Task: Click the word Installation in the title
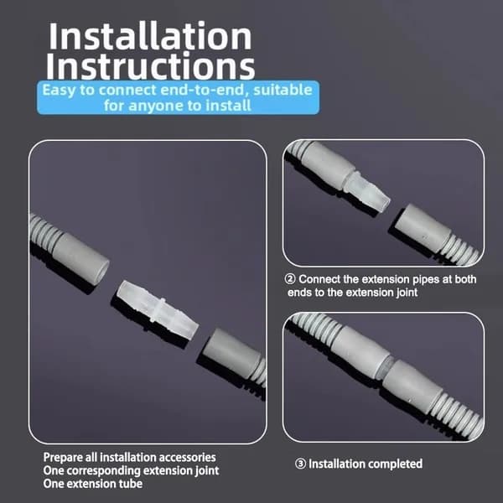pyautogui.click(x=150, y=36)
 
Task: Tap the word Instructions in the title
pyautogui.click(x=150, y=65)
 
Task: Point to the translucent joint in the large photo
pyautogui.click(x=158, y=310)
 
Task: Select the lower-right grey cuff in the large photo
pyautogui.click(x=231, y=351)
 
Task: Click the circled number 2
pyautogui.click(x=290, y=279)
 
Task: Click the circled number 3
pyautogui.click(x=300, y=464)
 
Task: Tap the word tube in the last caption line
pyautogui.click(x=130, y=484)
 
